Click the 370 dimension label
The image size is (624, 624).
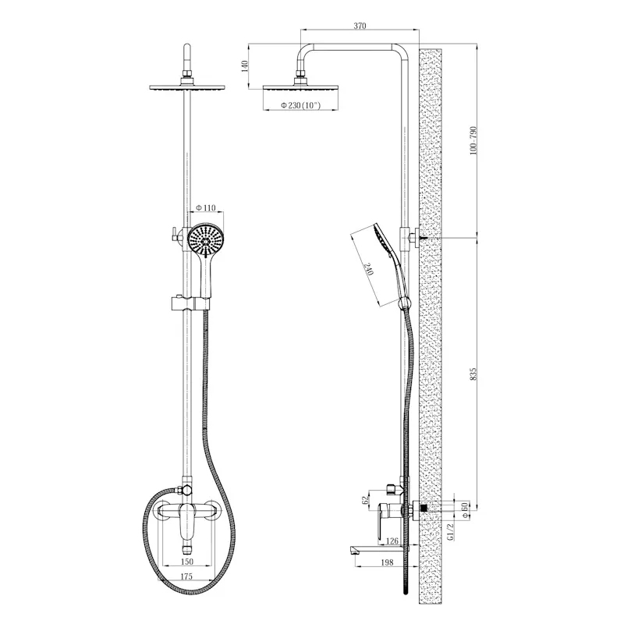(x=360, y=26)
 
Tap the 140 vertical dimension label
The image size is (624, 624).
(x=246, y=66)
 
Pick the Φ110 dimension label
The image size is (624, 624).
(x=205, y=208)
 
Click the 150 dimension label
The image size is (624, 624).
(x=187, y=561)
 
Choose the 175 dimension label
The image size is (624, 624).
(x=187, y=578)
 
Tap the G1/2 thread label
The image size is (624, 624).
(x=452, y=533)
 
